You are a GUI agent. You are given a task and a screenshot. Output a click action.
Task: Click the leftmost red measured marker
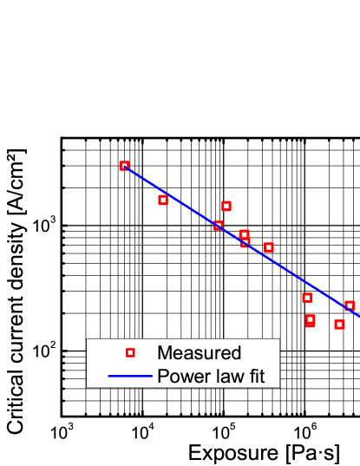pos(124,166)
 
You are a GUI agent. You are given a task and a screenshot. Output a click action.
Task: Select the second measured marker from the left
pos(162,200)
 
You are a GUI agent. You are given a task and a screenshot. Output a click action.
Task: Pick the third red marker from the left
pos(219,226)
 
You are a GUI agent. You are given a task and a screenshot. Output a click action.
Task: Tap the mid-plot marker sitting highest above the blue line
pos(226,206)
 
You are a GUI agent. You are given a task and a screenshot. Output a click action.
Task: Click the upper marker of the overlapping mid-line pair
pos(244,234)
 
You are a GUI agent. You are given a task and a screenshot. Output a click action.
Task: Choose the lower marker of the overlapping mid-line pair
pos(245,243)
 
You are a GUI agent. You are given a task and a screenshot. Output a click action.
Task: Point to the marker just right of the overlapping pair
pos(269,247)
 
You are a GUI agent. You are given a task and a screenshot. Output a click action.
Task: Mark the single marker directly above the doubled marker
pos(307,298)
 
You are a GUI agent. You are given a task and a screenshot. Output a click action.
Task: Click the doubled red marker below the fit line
pos(310,320)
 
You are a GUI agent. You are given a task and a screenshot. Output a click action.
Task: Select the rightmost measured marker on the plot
pos(350,305)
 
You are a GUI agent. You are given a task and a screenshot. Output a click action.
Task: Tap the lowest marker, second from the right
pos(339,325)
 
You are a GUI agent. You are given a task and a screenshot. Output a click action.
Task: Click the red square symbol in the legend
pos(130,353)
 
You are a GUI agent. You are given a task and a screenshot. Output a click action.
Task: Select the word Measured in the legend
pos(199,353)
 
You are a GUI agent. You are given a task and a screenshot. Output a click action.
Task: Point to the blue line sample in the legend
pos(130,377)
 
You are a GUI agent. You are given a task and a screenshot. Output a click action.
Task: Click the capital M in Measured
pos(165,353)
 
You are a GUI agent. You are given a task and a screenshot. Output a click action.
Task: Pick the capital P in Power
pos(162,377)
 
